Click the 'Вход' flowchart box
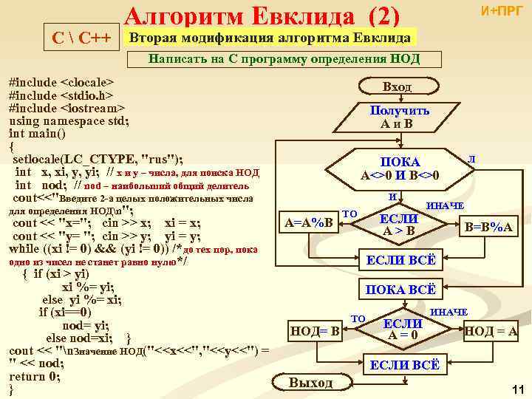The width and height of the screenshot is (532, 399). [x=397, y=86]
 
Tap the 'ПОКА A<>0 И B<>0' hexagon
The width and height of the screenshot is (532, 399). [x=400, y=168]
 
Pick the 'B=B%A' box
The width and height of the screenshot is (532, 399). [x=488, y=227]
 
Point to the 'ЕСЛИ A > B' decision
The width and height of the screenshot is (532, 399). [x=399, y=225]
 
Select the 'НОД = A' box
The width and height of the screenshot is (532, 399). [x=490, y=330]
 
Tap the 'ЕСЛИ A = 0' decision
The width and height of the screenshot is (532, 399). [x=403, y=330]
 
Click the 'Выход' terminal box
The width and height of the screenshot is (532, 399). [x=310, y=382]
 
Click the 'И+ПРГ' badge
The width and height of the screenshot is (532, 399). [x=501, y=11]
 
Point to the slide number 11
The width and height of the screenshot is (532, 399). [x=517, y=389]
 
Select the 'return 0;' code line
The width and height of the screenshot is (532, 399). [x=34, y=376]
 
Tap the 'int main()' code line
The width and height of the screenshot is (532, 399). [x=37, y=134]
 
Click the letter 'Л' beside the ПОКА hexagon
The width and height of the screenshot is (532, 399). [x=471, y=158]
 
